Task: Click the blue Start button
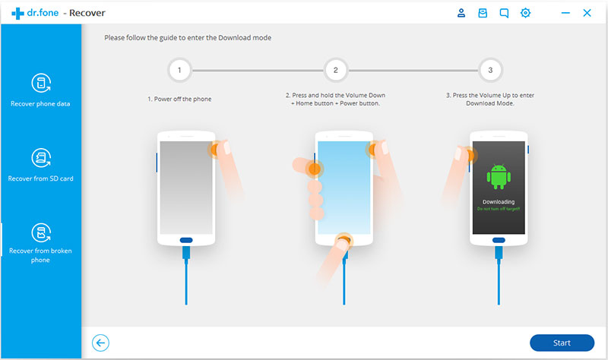click(562, 343)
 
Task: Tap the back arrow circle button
click(100, 343)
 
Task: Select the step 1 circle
click(179, 71)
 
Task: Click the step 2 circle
click(335, 71)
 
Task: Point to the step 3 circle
click(490, 71)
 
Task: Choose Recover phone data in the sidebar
click(40, 90)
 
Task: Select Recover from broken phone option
click(40, 242)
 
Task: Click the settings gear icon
click(525, 13)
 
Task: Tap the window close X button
click(587, 13)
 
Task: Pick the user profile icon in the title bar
click(461, 13)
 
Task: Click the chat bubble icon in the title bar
click(504, 13)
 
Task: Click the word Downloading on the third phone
click(498, 202)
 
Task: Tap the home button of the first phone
click(186, 240)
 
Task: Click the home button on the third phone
click(498, 240)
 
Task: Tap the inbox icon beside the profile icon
click(483, 13)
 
